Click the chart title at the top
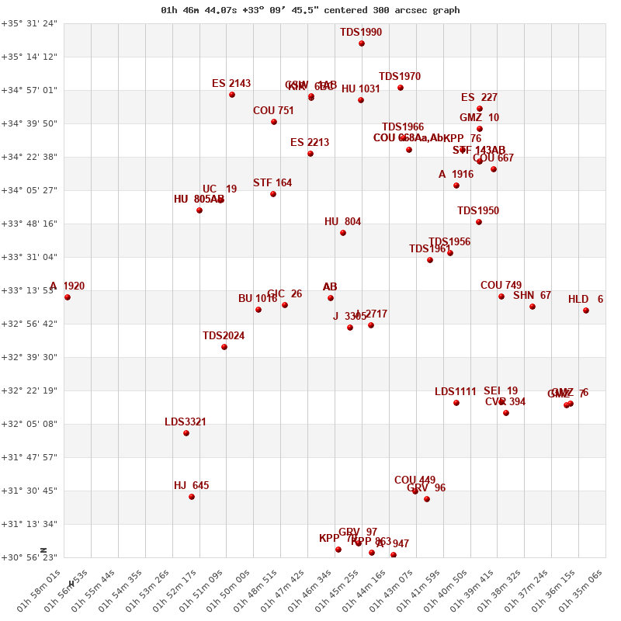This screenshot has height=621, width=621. (310, 10)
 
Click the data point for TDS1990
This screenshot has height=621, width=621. (362, 43)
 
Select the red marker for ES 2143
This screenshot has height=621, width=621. (232, 95)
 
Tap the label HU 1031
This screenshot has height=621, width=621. (361, 89)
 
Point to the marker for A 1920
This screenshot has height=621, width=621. (68, 297)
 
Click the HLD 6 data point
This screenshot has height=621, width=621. (586, 310)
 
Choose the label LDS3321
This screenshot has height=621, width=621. (186, 422)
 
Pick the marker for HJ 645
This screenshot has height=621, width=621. (192, 497)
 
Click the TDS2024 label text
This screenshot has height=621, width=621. (224, 336)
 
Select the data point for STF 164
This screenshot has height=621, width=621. (273, 194)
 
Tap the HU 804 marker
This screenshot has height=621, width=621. (343, 233)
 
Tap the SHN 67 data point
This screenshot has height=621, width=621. (533, 307)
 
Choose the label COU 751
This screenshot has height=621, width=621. (273, 111)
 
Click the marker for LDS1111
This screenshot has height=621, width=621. (456, 403)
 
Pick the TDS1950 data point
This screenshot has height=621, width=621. (479, 222)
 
